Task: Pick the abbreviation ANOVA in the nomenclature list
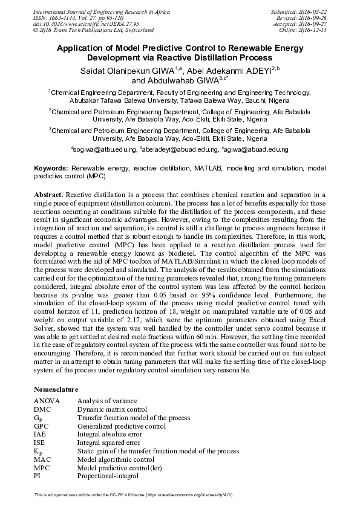(47, 401)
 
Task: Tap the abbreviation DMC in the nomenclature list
(42, 409)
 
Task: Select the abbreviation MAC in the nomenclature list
(42, 459)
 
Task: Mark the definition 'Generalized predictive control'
(121, 426)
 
